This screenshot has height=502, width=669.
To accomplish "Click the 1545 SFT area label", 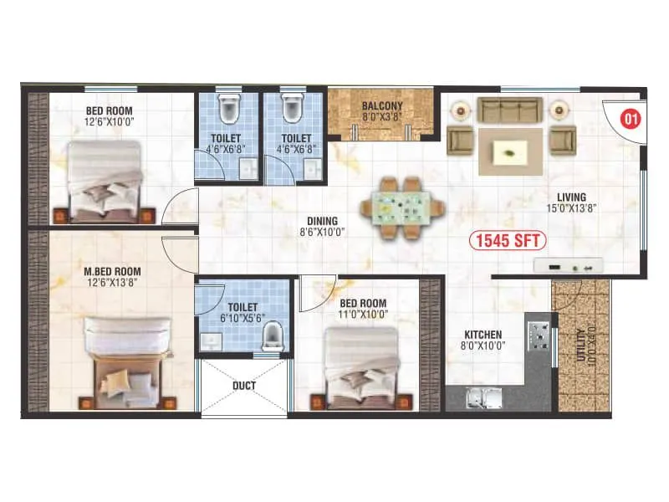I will [x=508, y=241].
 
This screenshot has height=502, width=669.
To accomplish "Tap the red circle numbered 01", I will [x=630, y=120].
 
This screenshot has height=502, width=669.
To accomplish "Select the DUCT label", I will [x=243, y=386].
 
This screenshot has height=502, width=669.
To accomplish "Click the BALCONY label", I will [x=382, y=106].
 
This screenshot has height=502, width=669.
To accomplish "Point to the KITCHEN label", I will [x=483, y=335].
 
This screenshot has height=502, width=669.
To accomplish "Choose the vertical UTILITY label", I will [x=581, y=342].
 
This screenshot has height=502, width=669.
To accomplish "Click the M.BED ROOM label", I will [x=112, y=271].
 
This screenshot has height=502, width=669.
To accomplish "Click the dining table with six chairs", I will [x=401, y=203].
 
